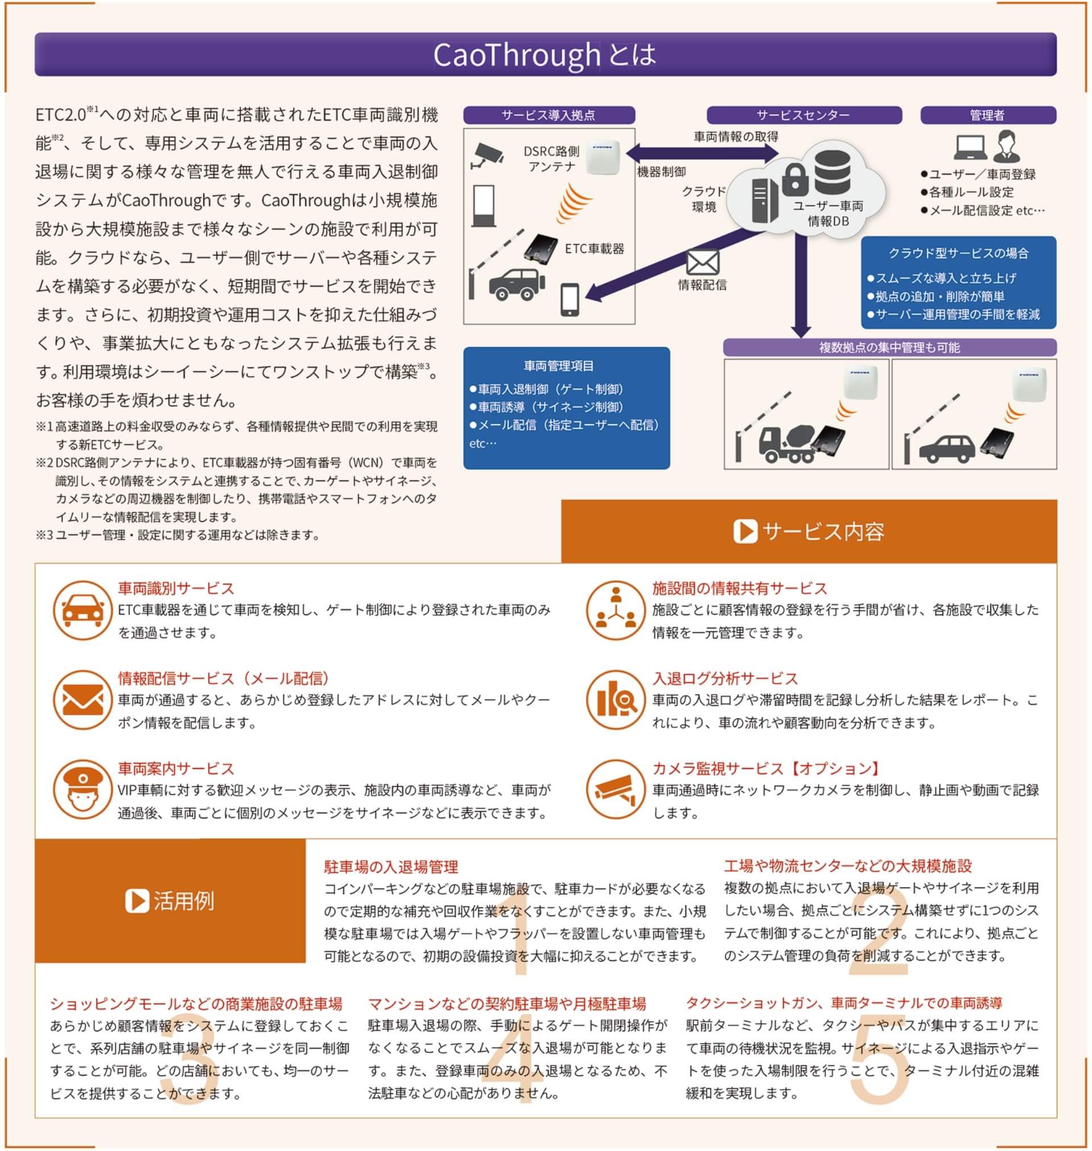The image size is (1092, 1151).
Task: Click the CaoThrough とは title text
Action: pyautogui.click(x=545, y=55)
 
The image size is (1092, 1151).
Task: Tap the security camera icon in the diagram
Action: pyautogui.click(x=488, y=155)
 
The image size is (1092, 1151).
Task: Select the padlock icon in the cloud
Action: pyautogui.click(x=795, y=179)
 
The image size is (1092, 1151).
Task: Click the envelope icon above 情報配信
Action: pyautogui.click(x=702, y=262)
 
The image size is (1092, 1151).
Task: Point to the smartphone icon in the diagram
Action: pyautogui.click(x=569, y=299)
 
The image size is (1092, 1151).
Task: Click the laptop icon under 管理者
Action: pyautogui.click(x=970, y=147)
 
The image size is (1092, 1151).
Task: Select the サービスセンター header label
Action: pyautogui.click(x=803, y=116)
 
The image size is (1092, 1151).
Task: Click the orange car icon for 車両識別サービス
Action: pyautogui.click(x=82, y=610)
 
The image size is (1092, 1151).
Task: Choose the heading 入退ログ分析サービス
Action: pyautogui.click(x=725, y=678)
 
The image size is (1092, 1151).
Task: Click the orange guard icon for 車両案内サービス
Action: pyautogui.click(x=82, y=790)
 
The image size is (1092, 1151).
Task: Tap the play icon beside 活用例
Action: pyautogui.click(x=137, y=901)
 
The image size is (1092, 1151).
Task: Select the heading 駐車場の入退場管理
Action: pyautogui.click(x=391, y=867)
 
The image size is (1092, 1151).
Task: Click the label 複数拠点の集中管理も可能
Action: pyautogui.click(x=889, y=348)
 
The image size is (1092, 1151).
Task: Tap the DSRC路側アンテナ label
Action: pyautogui.click(x=551, y=159)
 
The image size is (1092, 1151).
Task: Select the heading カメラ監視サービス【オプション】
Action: pyautogui.click(x=766, y=768)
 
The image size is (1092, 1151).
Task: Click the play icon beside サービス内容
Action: pyautogui.click(x=745, y=531)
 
